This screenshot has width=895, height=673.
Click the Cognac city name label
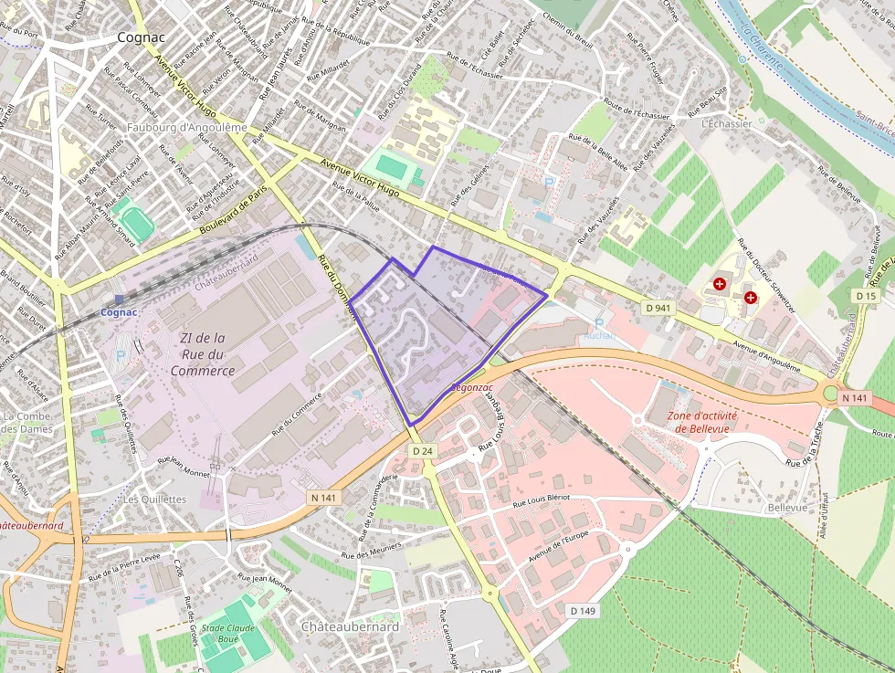[x=141, y=37]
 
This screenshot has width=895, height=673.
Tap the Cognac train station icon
[x=119, y=300]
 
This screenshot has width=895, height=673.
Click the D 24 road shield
[x=421, y=451]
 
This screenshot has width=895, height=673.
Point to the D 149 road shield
[x=582, y=610]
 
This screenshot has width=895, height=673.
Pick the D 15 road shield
[x=866, y=296]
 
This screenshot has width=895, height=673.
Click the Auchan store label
[x=599, y=335]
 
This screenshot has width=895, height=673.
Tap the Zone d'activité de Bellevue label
[x=701, y=421]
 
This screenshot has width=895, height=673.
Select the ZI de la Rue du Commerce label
[x=202, y=354]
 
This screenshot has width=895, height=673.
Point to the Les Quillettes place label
[x=154, y=499]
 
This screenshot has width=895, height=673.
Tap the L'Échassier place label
[x=727, y=123]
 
